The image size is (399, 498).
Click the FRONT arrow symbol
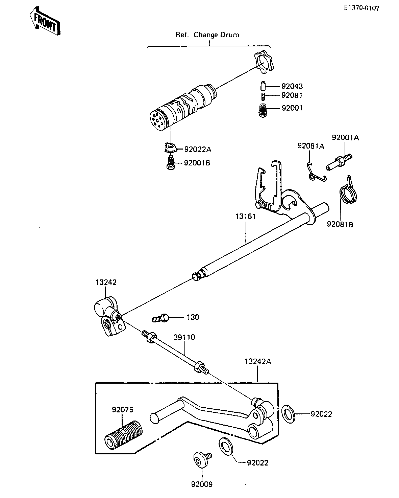(x=45, y=21)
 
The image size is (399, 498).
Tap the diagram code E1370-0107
(x=361, y=7)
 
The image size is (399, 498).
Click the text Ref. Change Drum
(x=207, y=35)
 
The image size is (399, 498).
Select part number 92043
(x=292, y=86)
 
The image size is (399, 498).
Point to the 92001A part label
(x=345, y=138)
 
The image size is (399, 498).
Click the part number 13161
(x=246, y=217)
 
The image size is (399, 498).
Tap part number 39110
(x=184, y=337)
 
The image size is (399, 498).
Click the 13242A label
(x=258, y=362)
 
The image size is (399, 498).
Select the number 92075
(x=123, y=410)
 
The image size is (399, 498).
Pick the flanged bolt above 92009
(x=200, y=459)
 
